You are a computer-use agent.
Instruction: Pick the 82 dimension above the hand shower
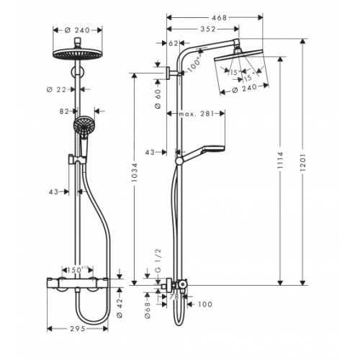64,112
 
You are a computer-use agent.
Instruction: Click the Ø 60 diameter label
158,98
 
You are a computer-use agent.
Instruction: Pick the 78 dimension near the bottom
173,295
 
